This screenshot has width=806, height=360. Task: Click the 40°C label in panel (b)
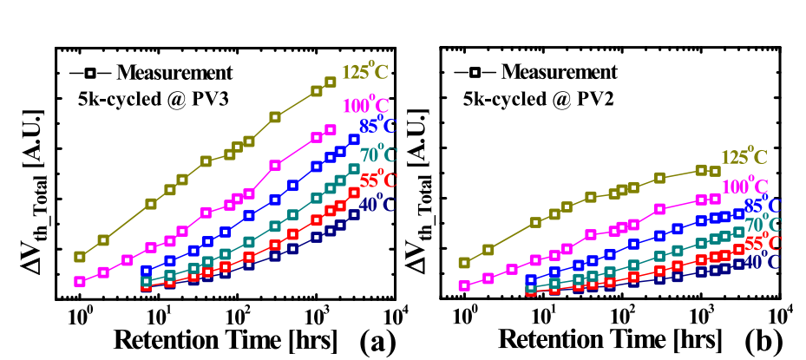pos(763,260)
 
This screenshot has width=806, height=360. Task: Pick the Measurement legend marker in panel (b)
pos(469,71)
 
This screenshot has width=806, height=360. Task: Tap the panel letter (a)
pos(378,341)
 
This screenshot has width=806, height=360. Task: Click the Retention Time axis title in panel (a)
pos(225,338)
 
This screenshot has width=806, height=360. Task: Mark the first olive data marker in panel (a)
pos(80,257)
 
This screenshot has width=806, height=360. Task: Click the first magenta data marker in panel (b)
pos(464,285)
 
